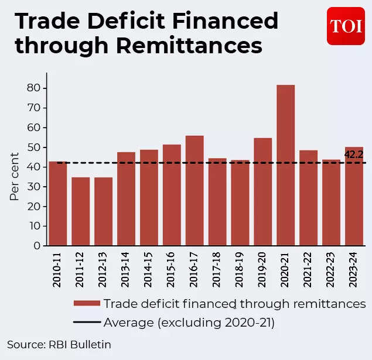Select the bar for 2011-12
tap(80, 211)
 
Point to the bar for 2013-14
tap(126, 198)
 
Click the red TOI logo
tap(346, 26)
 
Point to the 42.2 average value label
tap(354, 155)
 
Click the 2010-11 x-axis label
tap(57, 271)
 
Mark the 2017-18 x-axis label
tap(217, 271)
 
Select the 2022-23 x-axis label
tap(331, 271)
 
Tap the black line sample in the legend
tap(87, 323)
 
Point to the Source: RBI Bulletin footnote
tap(59, 344)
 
